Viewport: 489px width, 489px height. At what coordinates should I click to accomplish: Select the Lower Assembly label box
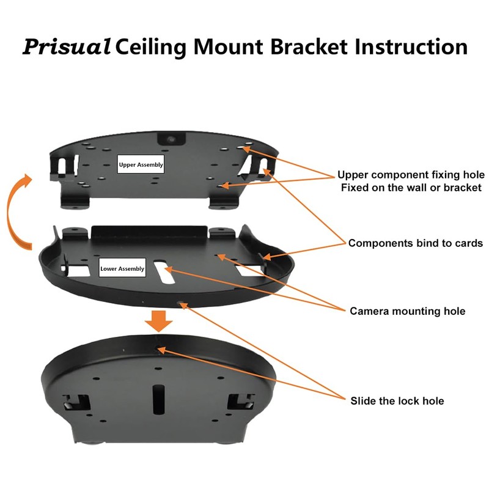[x=123, y=268]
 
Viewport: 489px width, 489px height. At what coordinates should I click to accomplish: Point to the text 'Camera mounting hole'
[x=407, y=311]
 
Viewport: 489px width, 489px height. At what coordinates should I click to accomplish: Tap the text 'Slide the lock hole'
[x=397, y=401]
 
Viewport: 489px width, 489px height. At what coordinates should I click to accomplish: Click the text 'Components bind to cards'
[x=416, y=243]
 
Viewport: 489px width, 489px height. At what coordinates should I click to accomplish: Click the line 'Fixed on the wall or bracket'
[x=411, y=188]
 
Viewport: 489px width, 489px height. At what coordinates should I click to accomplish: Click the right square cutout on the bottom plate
[x=240, y=402]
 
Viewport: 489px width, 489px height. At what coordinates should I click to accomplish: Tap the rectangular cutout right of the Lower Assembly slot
[x=250, y=270]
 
